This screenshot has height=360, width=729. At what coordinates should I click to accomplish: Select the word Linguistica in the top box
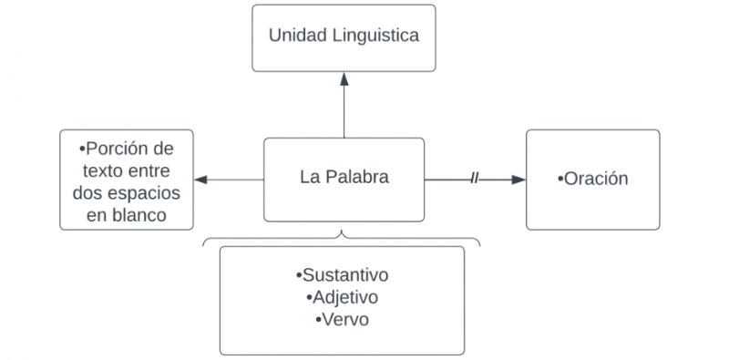coord(374,36)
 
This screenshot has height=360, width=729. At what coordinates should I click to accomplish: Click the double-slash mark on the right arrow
coord(474,179)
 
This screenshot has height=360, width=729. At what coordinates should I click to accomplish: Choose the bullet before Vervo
coord(316,320)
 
